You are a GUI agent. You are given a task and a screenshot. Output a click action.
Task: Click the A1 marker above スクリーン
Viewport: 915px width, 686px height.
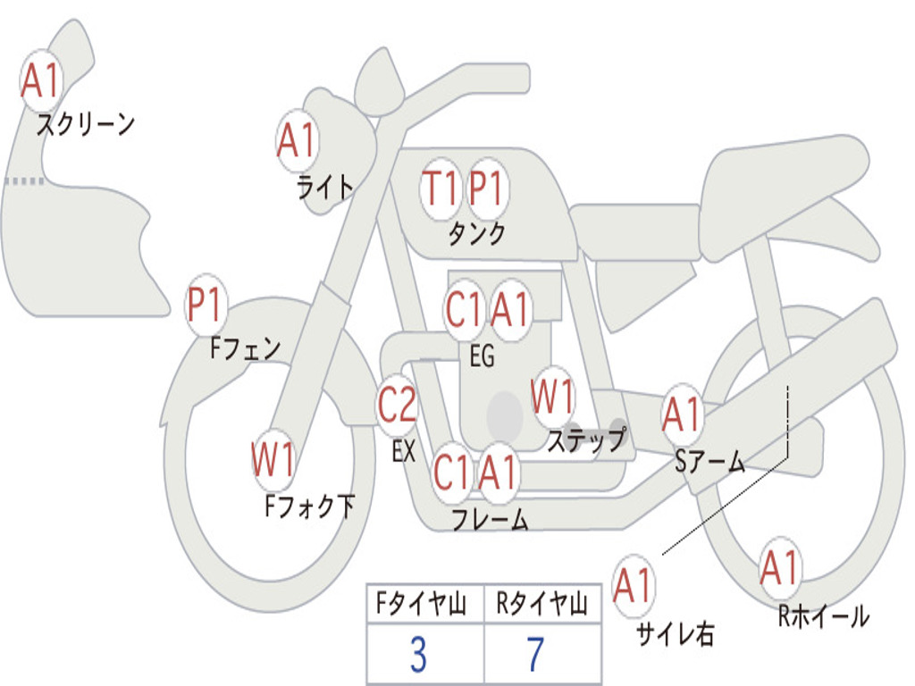coord(40,81)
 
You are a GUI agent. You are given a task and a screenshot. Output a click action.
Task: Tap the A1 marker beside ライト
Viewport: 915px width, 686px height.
coord(298,141)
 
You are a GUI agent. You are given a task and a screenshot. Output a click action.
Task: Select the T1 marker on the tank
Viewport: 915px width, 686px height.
coord(441,188)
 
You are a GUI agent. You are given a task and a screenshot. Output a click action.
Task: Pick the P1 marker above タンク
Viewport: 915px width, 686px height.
coord(487,188)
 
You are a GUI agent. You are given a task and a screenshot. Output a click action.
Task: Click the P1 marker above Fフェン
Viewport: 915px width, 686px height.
coord(206,306)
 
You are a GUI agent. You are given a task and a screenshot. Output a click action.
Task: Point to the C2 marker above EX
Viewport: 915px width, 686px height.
coord(397,407)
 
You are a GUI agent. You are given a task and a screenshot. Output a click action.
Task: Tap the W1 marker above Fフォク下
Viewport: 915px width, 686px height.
coord(273,461)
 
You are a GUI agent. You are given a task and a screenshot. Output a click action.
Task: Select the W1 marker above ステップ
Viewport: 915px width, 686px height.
coord(553,397)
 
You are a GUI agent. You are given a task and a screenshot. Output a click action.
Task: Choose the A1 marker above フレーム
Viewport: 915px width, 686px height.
coord(498,472)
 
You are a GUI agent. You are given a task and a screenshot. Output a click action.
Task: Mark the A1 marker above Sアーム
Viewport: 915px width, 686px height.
coord(682,414)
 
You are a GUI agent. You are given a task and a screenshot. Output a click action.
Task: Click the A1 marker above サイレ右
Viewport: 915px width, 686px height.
coord(634,587)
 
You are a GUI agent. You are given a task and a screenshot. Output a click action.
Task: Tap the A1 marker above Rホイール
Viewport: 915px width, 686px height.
coord(780,569)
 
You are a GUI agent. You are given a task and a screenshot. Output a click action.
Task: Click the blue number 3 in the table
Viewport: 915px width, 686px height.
coord(418,655)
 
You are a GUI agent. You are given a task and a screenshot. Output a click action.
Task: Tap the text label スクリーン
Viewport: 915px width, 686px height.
coord(85,123)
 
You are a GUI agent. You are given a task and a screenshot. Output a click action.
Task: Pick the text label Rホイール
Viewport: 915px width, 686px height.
coord(823,616)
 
